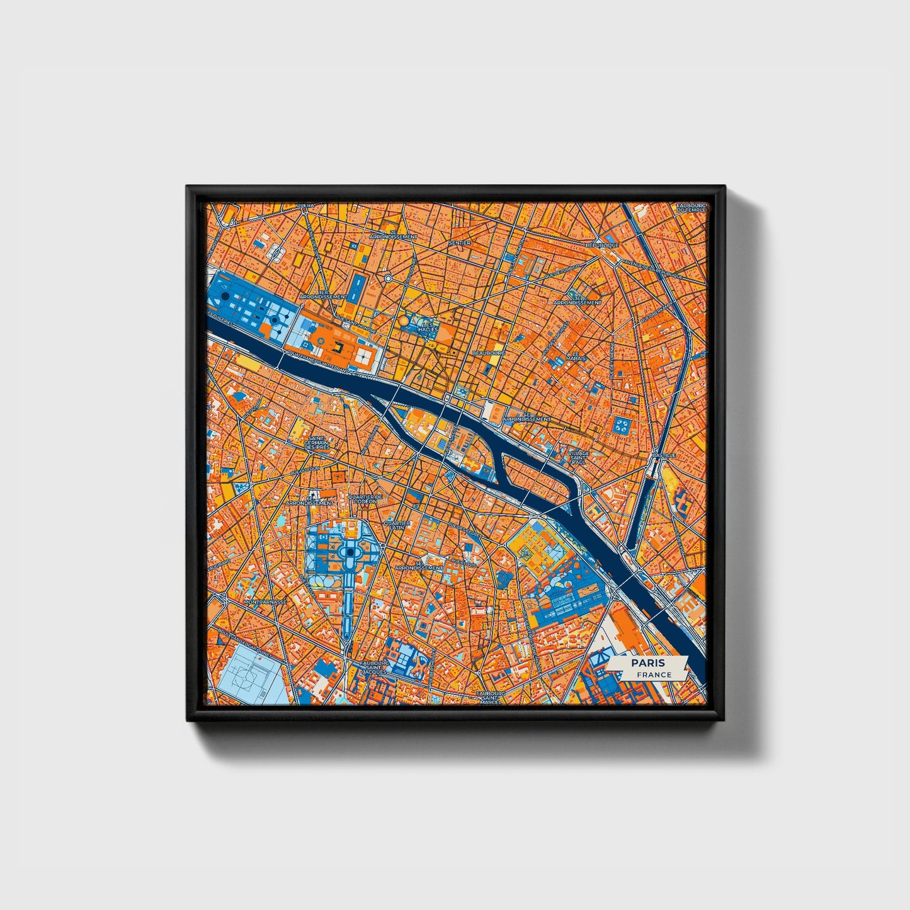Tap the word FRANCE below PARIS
(x=653, y=674)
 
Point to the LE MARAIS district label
(x=574, y=356)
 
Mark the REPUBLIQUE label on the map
(x=603, y=245)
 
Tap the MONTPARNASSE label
(x=265, y=602)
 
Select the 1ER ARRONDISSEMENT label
(x=324, y=294)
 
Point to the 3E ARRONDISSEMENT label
(x=577, y=300)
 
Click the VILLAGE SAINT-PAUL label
(x=578, y=457)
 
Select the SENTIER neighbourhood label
(x=460, y=242)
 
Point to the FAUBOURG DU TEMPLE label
(x=691, y=208)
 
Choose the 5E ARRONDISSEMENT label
(x=426, y=566)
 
